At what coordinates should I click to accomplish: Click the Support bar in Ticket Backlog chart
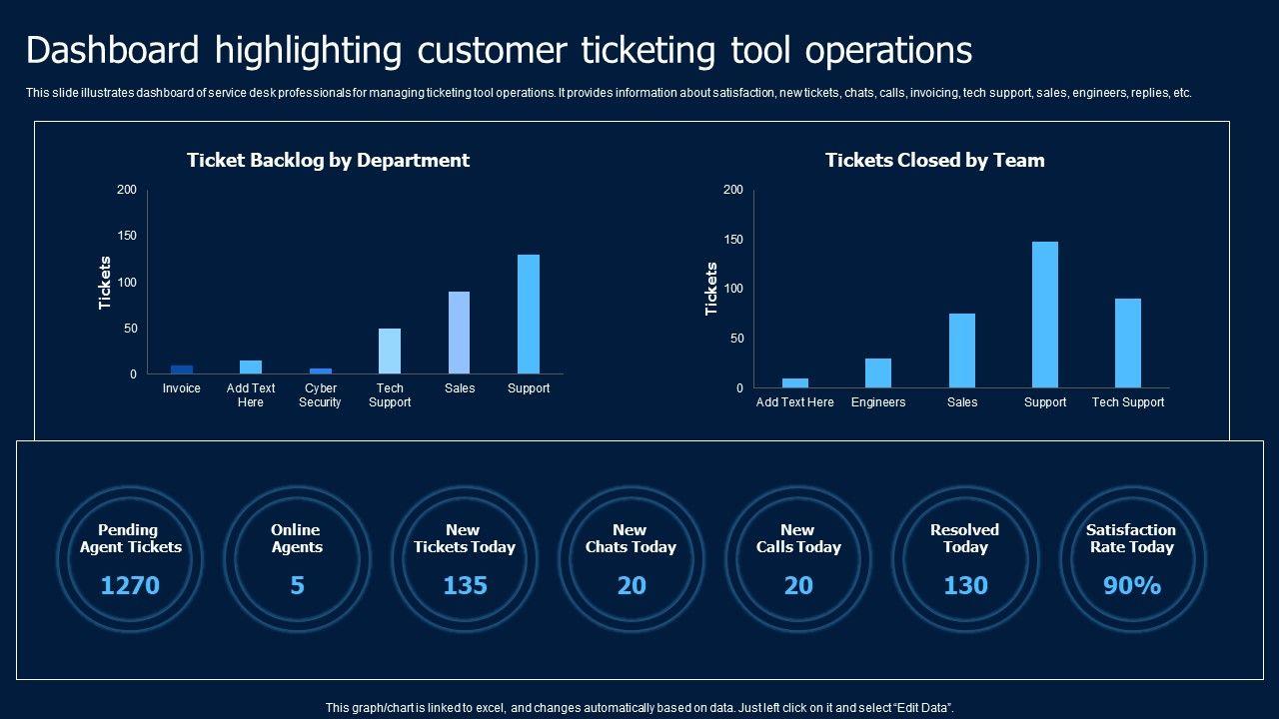click(x=529, y=315)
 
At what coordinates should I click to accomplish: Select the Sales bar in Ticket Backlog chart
click(x=459, y=333)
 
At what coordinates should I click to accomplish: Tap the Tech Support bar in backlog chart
click(x=390, y=352)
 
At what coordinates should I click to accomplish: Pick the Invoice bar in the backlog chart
click(x=181, y=369)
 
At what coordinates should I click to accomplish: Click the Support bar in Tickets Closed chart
click(x=1045, y=315)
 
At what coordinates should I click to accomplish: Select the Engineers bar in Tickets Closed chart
click(x=878, y=373)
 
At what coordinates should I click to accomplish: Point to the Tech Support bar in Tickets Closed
click(x=1128, y=344)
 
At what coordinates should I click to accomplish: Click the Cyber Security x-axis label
click(x=320, y=395)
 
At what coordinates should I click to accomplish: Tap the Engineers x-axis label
click(x=878, y=402)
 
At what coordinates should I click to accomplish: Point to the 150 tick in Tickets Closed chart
click(x=734, y=240)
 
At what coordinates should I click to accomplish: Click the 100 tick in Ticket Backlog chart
click(x=127, y=283)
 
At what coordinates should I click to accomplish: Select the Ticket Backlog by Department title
click(x=328, y=160)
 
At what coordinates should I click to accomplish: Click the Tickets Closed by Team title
click(x=934, y=160)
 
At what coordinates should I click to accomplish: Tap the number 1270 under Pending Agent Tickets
click(x=130, y=585)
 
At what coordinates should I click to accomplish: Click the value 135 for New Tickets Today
click(x=465, y=585)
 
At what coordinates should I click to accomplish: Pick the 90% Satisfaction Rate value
click(x=1132, y=585)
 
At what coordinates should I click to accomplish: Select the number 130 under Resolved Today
click(x=965, y=585)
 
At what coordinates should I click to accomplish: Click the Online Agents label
click(x=296, y=538)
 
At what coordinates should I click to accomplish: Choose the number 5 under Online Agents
click(x=297, y=585)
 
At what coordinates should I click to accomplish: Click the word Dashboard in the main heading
click(x=118, y=50)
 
